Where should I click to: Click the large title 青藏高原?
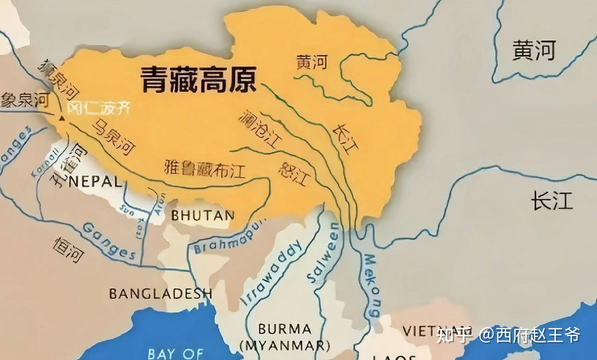click(x=198, y=80)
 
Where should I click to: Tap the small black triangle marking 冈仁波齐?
click(x=62, y=119)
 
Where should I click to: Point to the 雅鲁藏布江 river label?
click(x=205, y=169)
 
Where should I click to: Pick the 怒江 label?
click(x=294, y=173)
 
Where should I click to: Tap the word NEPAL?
click(x=95, y=181)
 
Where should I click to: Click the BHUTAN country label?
click(x=203, y=215)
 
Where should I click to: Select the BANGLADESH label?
click(x=161, y=294)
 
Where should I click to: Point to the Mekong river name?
click(x=372, y=285)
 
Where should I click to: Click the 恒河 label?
click(x=68, y=250)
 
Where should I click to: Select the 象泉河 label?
click(x=25, y=100)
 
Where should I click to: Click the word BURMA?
click(x=284, y=329)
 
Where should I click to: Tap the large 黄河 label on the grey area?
click(x=534, y=51)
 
